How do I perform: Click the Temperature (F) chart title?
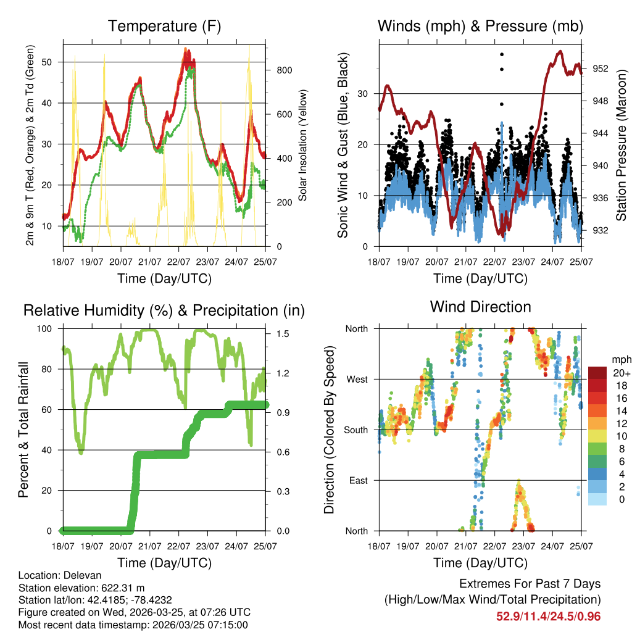pyautogui.click(x=164, y=26)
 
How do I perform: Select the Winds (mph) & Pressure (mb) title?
pyautogui.click(x=480, y=26)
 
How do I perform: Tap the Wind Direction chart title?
pyautogui.click(x=480, y=307)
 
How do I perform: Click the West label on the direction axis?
pyautogui.click(x=356, y=379)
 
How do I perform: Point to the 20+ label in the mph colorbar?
pyautogui.click(x=622, y=373)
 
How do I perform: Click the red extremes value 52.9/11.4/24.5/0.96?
pyautogui.click(x=548, y=617)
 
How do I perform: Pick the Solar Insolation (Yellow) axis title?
pyautogui.click(x=302, y=146)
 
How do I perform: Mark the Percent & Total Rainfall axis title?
pyautogui.click(x=23, y=430)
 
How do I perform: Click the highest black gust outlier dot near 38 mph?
pyautogui.click(x=502, y=55)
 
